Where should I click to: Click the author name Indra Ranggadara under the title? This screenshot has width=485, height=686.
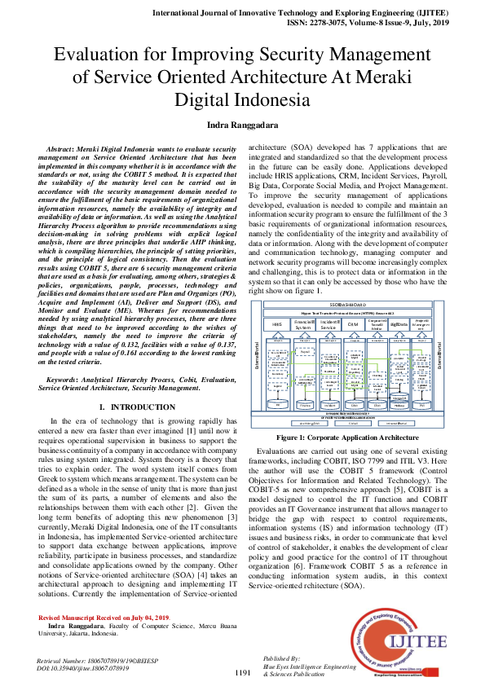click(x=242, y=125)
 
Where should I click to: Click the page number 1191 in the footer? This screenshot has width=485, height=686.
click(x=242, y=672)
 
